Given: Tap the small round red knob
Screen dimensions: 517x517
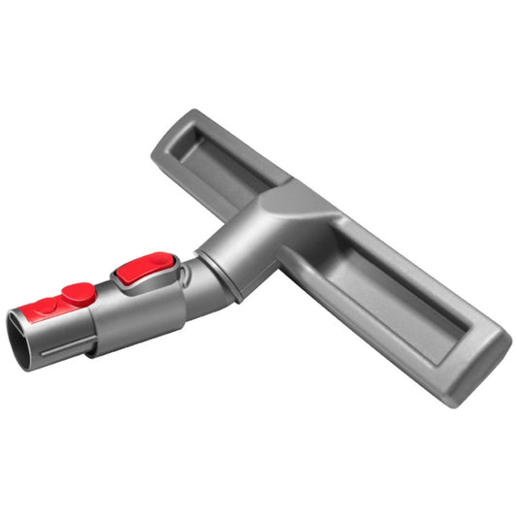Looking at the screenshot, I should click(x=77, y=291).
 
